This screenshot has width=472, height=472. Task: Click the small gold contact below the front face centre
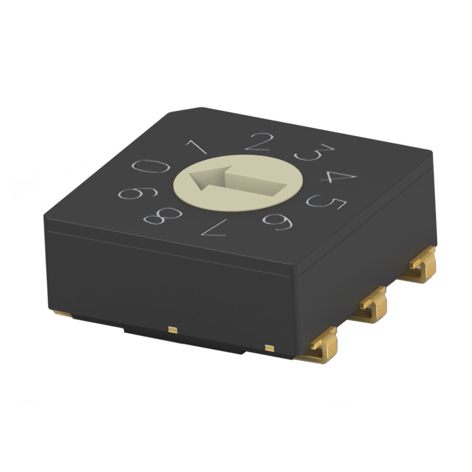click(x=172, y=329)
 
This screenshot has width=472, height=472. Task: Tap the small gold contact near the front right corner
click(x=270, y=348)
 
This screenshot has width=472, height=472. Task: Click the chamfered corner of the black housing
click(x=185, y=112)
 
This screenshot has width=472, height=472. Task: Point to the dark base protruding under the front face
click(x=183, y=340)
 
